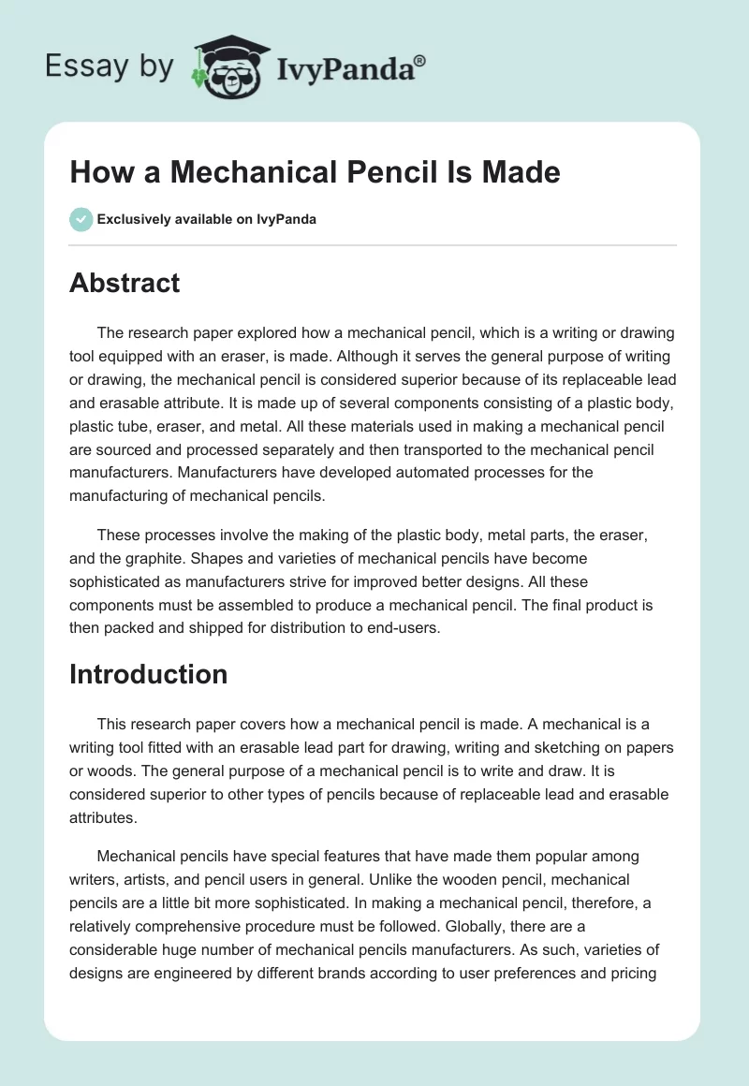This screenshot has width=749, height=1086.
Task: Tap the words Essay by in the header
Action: pyautogui.click(x=109, y=67)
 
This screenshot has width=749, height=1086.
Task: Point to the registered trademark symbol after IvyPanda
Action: pyautogui.click(x=419, y=59)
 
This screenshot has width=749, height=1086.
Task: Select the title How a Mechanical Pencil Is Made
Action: pyautogui.click(x=315, y=172)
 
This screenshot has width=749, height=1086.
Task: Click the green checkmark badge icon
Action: pyautogui.click(x=81, y=219)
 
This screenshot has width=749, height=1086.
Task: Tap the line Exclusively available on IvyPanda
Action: pyautogui.click(x=206, y=219)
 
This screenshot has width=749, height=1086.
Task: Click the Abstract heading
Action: pyautogui.click(x=125, y=283)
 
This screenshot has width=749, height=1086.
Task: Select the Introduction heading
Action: pyautogui.click(x=148, y=674)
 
